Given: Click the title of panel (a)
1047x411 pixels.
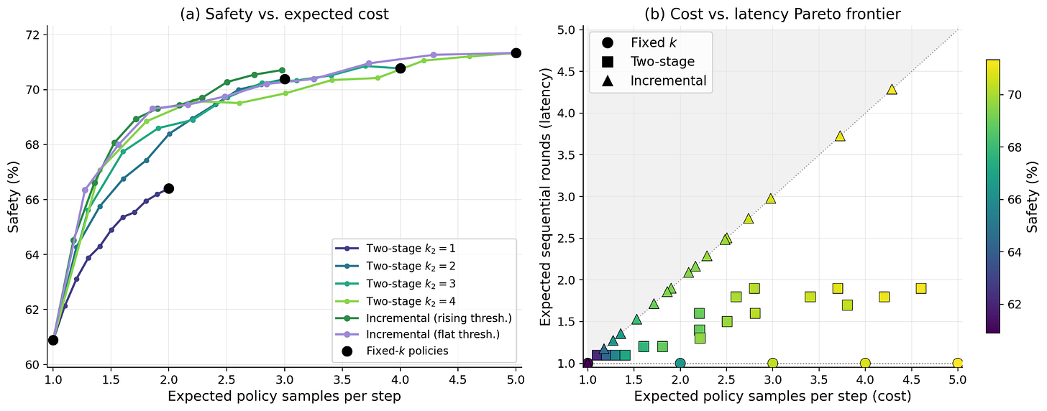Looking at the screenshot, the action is (x=284, y=14).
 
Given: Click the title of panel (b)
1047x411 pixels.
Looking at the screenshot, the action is (x=772, y=14).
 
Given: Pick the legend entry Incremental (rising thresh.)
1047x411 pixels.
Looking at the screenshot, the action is (x=424, y=318).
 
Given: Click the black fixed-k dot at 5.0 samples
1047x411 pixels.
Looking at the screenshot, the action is (x=516, y=52).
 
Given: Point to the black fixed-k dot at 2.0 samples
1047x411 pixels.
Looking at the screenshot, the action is (x=169, y=188).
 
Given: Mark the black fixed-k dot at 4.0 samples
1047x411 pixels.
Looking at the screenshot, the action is (x=400, y=68).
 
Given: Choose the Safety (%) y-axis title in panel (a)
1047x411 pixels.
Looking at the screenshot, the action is (x=14, y=196).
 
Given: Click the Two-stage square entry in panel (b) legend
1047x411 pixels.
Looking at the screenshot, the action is (x=650, y=62).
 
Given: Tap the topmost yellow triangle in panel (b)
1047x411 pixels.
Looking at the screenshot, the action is (x=892, y=89).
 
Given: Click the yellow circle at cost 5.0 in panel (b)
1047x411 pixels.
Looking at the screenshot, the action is (x=957, y=363).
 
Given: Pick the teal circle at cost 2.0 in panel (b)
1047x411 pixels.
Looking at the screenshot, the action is (x=680, y=363).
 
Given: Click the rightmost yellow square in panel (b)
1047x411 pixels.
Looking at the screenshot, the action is (x=920, y=288).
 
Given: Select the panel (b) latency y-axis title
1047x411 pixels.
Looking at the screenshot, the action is (x=546, y=196).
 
